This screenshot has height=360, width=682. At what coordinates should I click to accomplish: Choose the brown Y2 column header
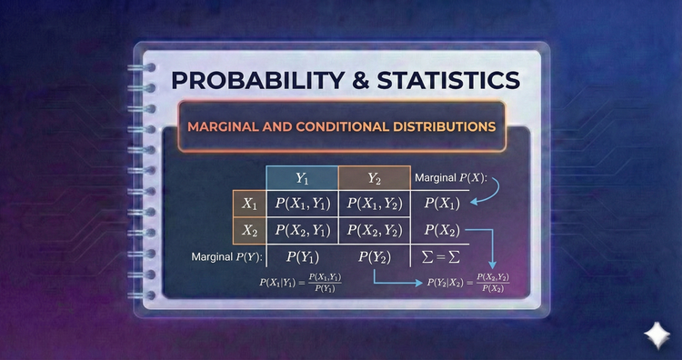pos(374,178)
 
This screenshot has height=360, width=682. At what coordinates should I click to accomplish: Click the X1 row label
pos(248,205)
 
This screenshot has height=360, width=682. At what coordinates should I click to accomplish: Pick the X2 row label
pos(248,231)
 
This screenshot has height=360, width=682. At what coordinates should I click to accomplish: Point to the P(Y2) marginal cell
pos(374,257)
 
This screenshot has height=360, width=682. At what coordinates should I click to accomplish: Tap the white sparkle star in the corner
pos(653,334)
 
